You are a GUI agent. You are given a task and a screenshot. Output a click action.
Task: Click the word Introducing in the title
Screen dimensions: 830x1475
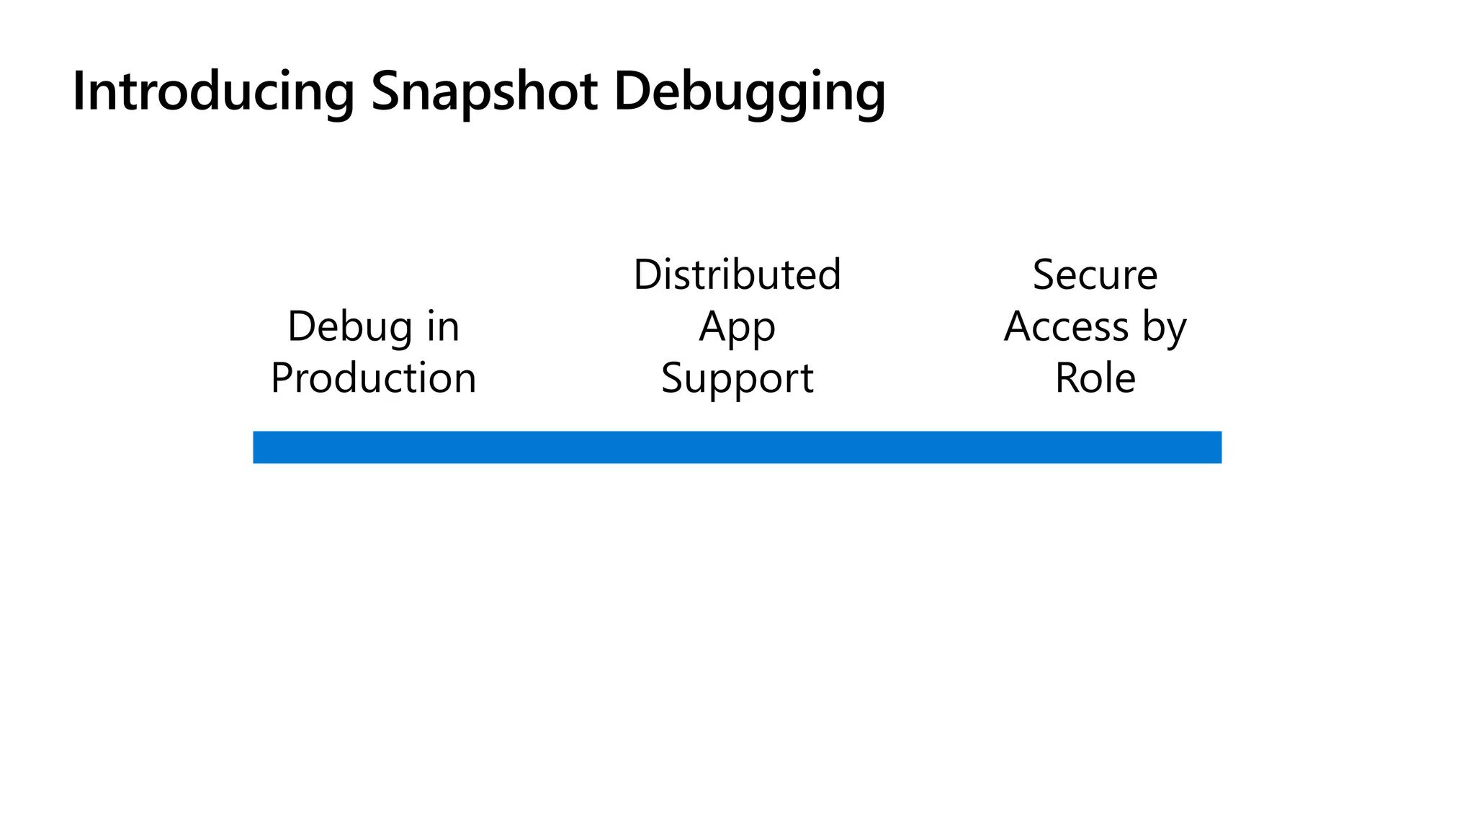coord(213,92)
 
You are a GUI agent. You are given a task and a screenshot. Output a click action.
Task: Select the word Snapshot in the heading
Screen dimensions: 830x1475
coord(484,92)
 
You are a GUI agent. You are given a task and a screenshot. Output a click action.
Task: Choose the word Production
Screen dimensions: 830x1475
coord(373,378)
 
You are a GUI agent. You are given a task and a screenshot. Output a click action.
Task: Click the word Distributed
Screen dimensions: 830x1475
coord(737,275)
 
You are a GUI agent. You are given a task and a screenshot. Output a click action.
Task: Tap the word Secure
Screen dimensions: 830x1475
coord(1095,275)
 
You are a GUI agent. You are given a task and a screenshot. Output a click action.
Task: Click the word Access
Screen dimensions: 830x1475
coord(1066,326)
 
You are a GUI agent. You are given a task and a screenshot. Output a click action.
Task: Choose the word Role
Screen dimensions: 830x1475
coord(1095,378)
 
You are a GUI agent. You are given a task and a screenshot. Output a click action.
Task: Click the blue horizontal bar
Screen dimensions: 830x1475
coord(737,447)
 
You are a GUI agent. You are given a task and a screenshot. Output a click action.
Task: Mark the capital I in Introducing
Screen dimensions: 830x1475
coord(79,92)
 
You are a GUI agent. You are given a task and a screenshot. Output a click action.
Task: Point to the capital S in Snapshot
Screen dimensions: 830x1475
coord(386,92)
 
